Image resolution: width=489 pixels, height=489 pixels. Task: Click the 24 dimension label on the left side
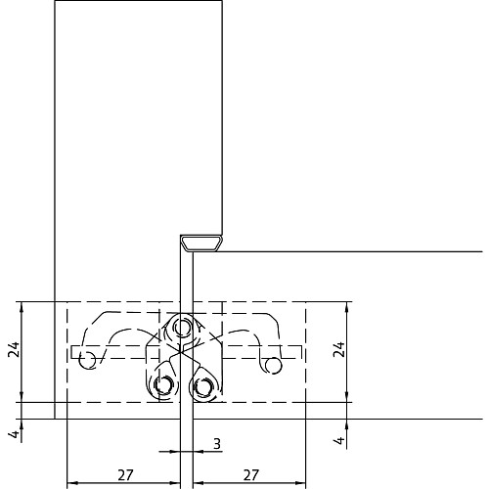(x=14, y=349)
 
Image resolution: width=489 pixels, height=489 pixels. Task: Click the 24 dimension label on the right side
(x=339, y=349)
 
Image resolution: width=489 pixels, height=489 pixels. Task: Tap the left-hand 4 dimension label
(x=15, y=434)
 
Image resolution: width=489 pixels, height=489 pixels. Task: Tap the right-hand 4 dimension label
(x=339, y=440)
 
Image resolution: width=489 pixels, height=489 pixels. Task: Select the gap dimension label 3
(x=217, y=444)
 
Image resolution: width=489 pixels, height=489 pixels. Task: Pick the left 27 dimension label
(x=125, y=475)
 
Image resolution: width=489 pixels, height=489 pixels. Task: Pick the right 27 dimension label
(x=250, y=475)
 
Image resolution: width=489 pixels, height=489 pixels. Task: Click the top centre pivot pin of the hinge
(x=182, y=327)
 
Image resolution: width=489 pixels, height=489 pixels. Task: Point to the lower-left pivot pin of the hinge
(x=163, y=384)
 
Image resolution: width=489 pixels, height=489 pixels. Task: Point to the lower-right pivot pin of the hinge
(x=202, y=386)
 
